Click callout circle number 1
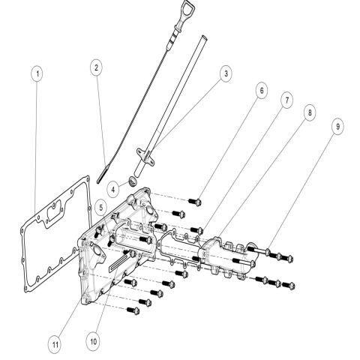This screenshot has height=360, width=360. coord(38,74)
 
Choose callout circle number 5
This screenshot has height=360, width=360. coord(101,203)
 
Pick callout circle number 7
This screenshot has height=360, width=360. coord(286,100)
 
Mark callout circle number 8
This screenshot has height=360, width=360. coord(309,111)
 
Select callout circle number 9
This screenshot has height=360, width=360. coord(337,127)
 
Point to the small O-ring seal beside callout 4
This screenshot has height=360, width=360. coord(130,179)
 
